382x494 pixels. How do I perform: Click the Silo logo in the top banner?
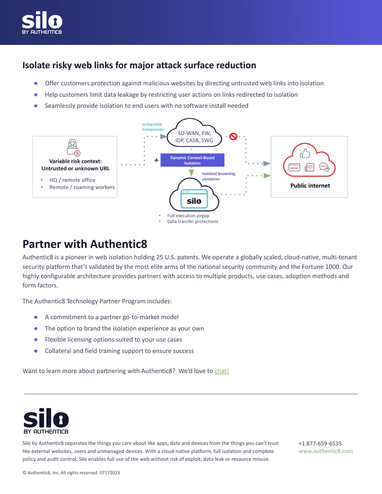(42, 23)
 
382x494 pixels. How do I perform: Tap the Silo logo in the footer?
(46, 421)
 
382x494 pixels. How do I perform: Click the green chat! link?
(222, 371)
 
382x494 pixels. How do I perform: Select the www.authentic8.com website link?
(326, 451)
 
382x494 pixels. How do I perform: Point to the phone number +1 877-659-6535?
(320, 443)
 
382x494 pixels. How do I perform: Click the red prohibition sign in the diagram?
(233, 137)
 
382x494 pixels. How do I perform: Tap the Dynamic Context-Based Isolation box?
(192, 160)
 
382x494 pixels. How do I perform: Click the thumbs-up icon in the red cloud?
(305, 153)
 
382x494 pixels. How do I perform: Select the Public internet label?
(310, 186)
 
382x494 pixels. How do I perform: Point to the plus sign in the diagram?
(156, 160)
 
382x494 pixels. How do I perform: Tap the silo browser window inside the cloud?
(194, 199)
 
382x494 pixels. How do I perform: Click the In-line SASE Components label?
(153, 126)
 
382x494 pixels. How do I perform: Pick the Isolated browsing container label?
(218, 176)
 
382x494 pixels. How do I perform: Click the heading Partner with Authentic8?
(85, 244)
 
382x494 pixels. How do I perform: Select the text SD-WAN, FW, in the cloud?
(194, 133)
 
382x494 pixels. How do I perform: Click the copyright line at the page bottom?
(71, 473)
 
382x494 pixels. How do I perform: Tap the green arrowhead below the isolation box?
(191, 173)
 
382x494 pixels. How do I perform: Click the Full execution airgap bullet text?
(188, 215)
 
